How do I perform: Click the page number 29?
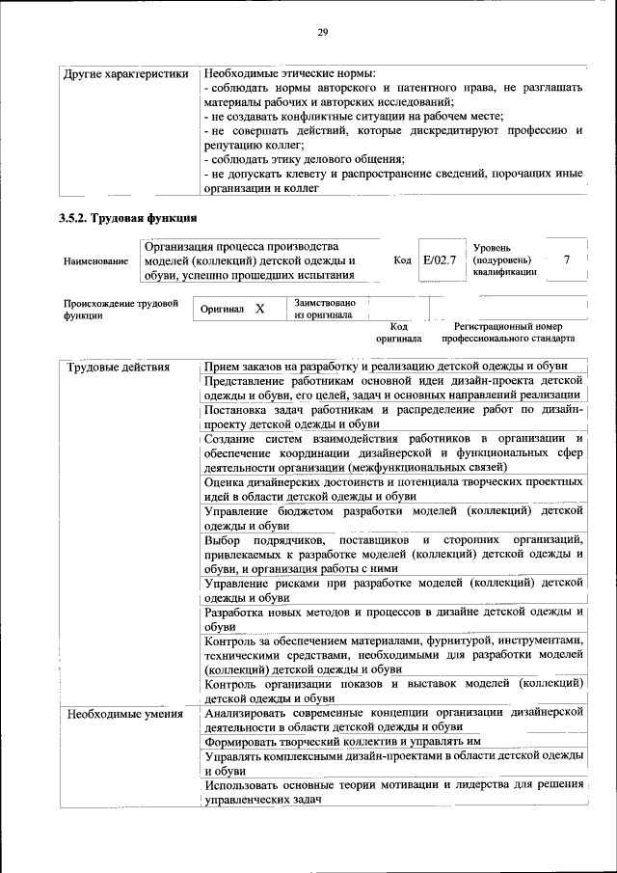click(x=323, y=33)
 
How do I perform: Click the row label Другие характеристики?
click(x=125, y=74)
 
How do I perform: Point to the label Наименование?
click(x=95, y=261)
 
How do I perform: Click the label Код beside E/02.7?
click(x=403, y=260)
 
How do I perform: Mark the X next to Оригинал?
click(x=259, y=309)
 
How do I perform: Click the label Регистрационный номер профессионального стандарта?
click(x=508, y=333)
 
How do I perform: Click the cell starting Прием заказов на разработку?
click(x=385, y=367)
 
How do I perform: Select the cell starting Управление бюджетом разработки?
click(x=393, y=517)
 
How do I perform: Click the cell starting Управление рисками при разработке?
click(x=393, y=589)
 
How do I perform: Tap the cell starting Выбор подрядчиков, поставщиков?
click(x=393, y=553)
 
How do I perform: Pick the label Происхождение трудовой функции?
click(x=121, y=309)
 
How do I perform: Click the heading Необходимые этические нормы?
click(x=290, y=74)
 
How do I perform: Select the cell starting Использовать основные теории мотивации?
click(x=393, y=792)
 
